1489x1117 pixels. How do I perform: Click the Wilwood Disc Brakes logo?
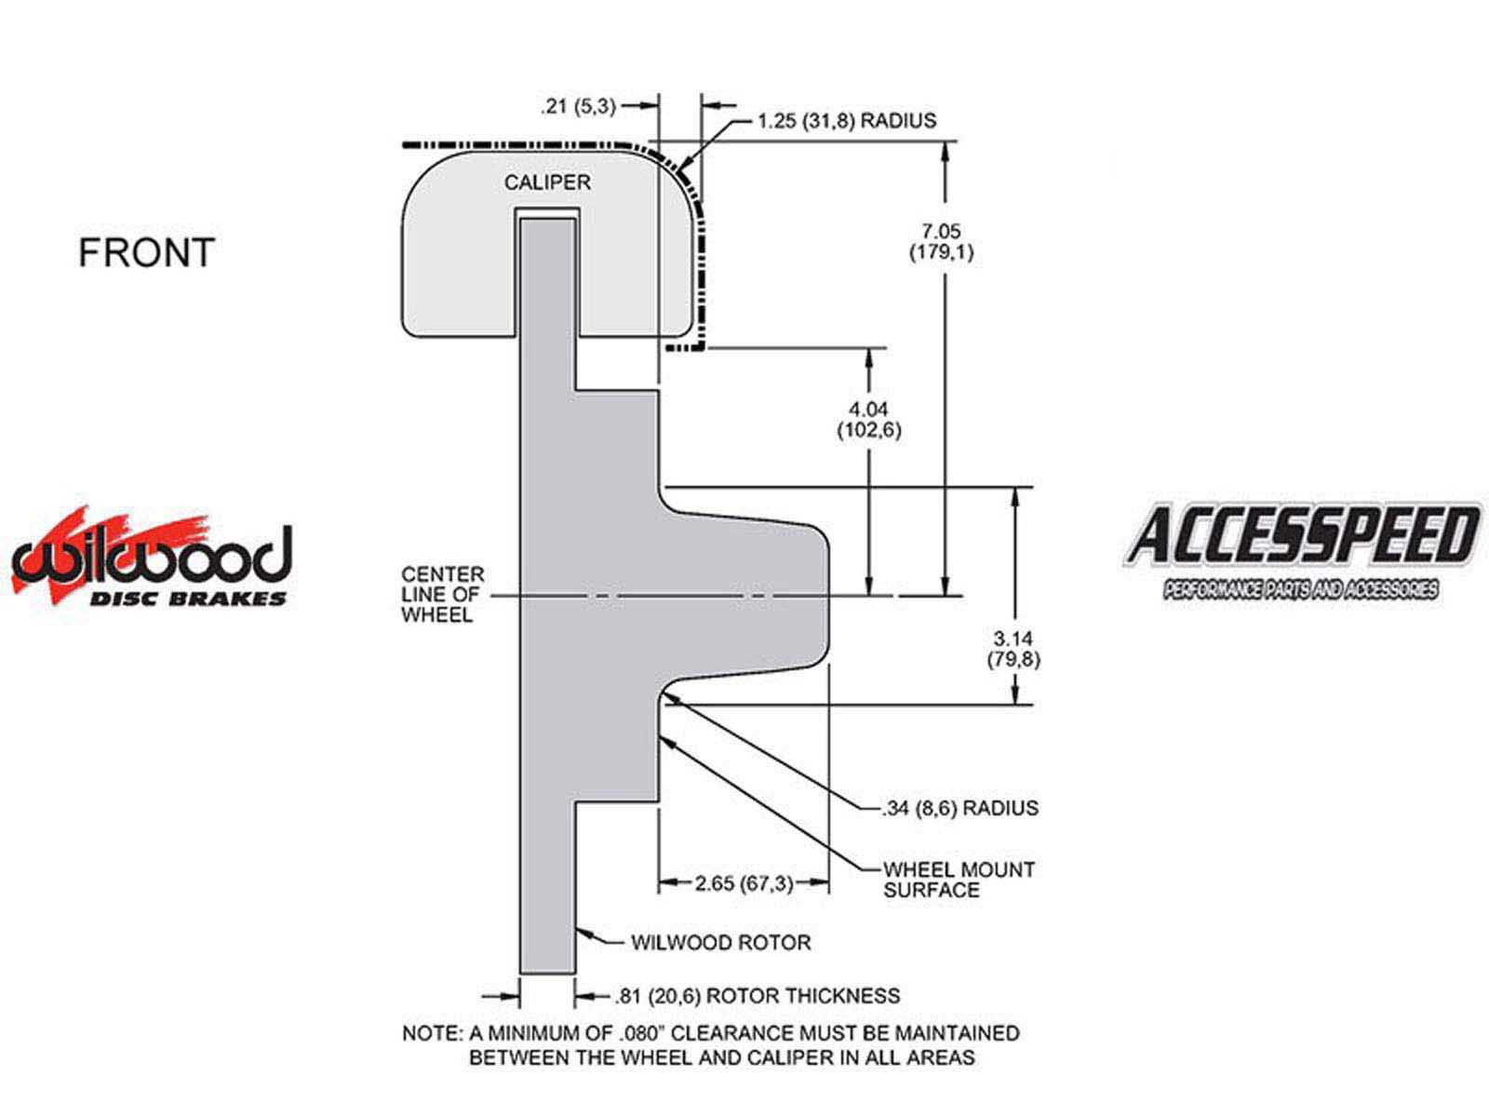pyautogui.click(x=152, y=557)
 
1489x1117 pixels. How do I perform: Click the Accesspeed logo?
pyautogui.click(x=1302, y=551)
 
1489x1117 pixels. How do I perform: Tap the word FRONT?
pyautogui.click(x=146, y=252)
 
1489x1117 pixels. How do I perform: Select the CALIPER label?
pyautogui.click(x=547, y=182)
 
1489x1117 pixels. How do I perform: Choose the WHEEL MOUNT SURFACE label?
pyautogui.click(x=959, y=880)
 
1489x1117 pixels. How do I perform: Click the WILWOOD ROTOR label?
pyautogui.click(x=721, y=942)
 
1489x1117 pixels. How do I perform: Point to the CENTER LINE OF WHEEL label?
pyautogui.click(x=443, y=595)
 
